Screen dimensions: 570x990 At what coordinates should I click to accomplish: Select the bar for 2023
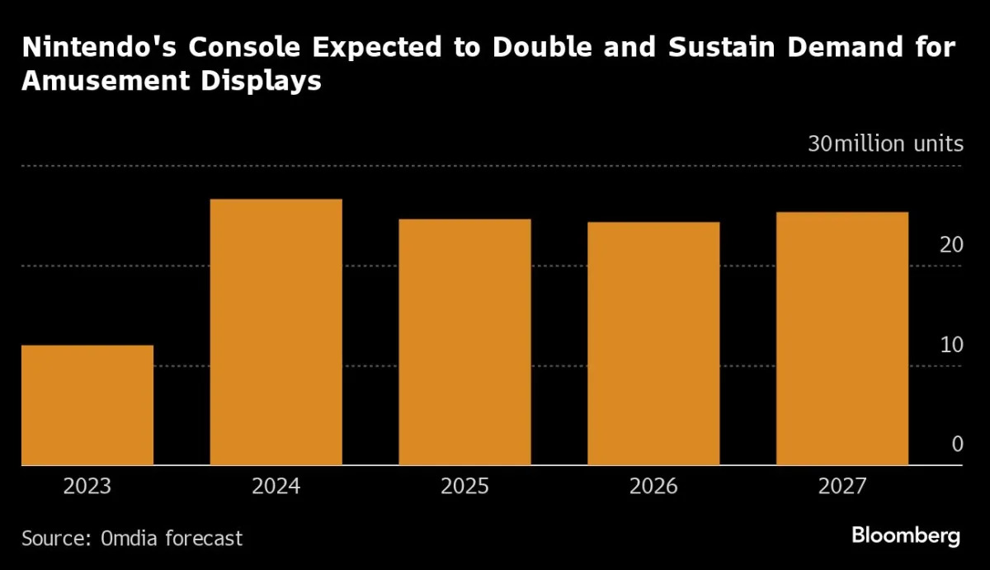point(87,405)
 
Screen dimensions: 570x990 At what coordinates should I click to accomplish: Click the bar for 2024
point(276,332)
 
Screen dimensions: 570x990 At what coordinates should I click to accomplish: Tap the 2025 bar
point(464,342)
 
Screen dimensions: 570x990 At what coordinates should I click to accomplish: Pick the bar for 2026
point(653,343)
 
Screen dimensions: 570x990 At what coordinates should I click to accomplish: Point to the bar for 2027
point(842,338)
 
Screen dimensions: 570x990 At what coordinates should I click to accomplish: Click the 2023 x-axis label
point(87,487)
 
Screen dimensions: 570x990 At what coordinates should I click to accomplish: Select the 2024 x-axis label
point(276,487)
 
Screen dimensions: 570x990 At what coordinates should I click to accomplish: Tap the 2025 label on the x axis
point(464,487)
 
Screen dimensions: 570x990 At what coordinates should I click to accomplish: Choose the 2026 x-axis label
point(653,487)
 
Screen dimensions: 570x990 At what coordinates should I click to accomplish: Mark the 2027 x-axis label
point(842,487)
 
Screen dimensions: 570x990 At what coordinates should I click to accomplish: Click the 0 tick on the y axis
point(957,445)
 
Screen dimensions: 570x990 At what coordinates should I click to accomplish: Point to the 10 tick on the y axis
point(951,345)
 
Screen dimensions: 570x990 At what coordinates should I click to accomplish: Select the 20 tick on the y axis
point(951,245)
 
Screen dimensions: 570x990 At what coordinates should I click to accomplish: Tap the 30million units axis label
point(885,144)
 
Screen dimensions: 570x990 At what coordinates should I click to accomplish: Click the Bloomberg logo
point(906,535)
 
